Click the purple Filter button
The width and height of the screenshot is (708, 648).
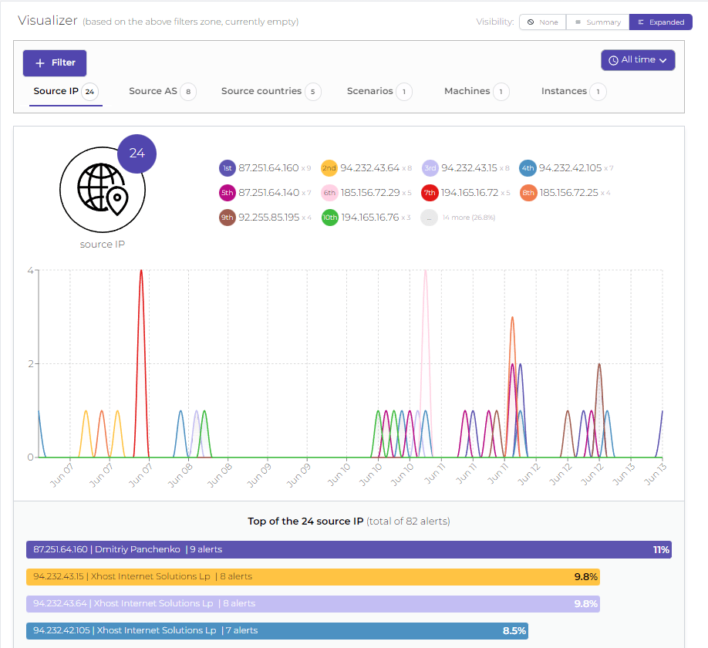pos(55,63)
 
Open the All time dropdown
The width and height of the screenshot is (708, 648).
pos(638,60)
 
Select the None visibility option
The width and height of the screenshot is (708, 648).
pos(542,22)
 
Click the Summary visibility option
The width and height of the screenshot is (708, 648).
pos(598,22)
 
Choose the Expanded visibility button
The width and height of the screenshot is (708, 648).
pos(660,22)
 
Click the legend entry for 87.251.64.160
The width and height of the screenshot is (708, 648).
pos(268,168)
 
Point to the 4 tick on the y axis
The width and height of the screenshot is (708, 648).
pos(30,271)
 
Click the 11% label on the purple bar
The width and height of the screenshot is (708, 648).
pos(661,550)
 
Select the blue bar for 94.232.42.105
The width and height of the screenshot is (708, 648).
pos(277,631)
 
